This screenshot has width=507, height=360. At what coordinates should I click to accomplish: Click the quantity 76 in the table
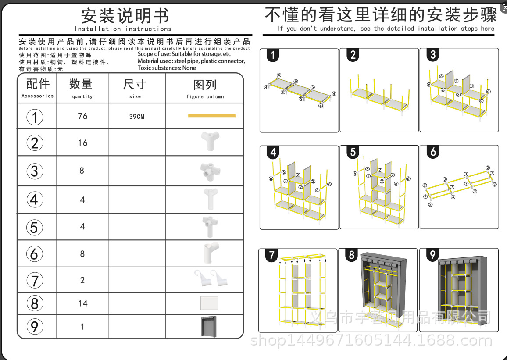(82, 116)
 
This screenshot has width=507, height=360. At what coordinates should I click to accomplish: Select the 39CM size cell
(136, 117)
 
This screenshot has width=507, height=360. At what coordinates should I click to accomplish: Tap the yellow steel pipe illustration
(211, 116)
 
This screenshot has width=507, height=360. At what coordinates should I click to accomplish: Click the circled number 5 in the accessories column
(35, 227)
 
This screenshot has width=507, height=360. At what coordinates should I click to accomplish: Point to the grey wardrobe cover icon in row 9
(208, 326)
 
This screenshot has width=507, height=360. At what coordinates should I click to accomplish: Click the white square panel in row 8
(209, 303)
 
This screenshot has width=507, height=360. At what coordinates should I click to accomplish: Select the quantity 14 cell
(82, 303)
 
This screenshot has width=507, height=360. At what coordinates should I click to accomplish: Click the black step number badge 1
(273, 55)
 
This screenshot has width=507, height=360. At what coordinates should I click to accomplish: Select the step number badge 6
(433, 152)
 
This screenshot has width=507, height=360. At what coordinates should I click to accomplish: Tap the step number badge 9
(432, 255)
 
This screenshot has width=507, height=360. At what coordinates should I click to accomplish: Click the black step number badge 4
(273, 152)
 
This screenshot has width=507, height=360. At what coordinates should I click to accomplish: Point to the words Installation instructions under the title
(123, 29)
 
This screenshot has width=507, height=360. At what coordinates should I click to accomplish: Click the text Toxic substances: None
(167, 68)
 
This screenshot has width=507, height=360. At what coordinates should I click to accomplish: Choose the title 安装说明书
(125, 16)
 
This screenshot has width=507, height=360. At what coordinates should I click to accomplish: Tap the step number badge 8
(352, 255)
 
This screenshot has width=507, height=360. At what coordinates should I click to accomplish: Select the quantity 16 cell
(82, 143)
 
